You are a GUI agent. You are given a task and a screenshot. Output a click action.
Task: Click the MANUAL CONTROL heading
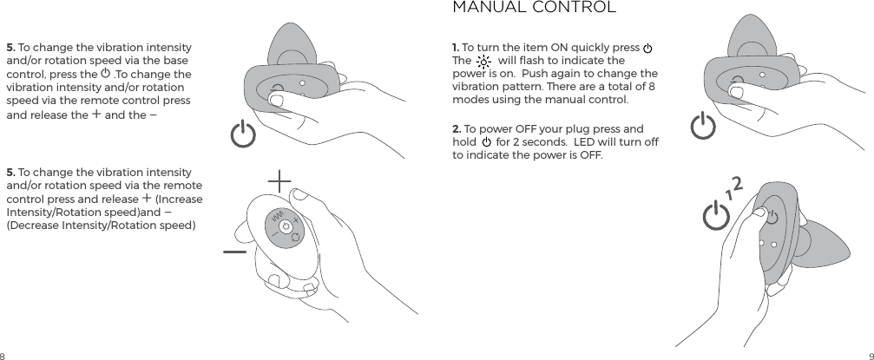coord(534,8)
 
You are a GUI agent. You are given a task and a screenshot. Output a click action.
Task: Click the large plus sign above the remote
coord(279,181)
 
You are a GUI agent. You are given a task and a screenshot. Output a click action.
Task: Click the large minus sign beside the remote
coord(234,252)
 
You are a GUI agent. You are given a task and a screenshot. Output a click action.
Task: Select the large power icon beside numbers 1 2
coord(717,215)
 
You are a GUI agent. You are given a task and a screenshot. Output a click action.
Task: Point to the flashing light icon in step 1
coord(483,62)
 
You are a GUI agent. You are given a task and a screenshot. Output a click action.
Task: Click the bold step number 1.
coord(456,47)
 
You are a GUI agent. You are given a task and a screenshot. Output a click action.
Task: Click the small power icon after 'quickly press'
coord(647,48)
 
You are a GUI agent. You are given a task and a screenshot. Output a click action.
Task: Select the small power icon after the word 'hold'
coord(486,142)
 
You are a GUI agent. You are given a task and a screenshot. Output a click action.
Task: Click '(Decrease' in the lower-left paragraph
coord(32,226)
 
